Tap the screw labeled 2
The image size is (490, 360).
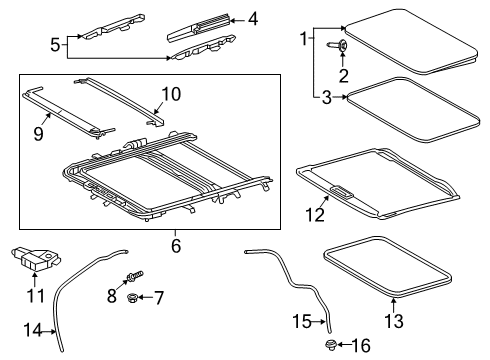point(341,46)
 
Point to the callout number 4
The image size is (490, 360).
point(253,17)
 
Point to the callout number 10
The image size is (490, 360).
point(171,95)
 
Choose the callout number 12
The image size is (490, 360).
point(317,213)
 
